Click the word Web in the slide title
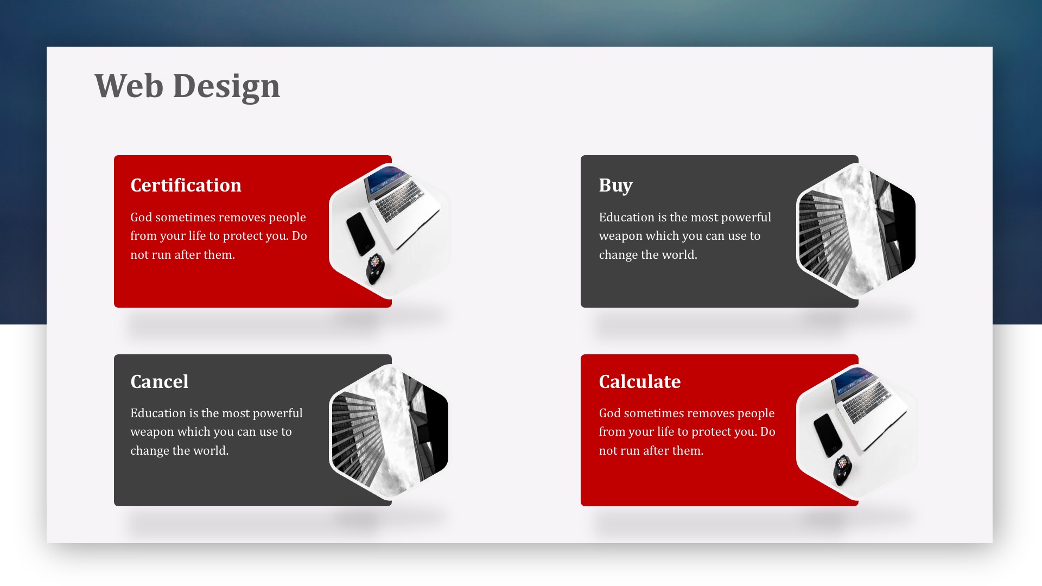[x=129, y=86]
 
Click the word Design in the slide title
[x=226, y=87]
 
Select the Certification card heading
[x=186, y=185]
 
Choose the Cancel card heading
[x=160, y=381]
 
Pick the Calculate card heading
[x=640, y=381]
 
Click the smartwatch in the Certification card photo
[x=374, y=268]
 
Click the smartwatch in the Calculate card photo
[x=842, y=469]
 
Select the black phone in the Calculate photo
[x=827, y=435]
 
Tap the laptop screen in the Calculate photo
[x=854, y=380]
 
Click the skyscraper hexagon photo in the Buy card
[x=856, y=231]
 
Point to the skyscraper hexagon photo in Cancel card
[x=389, y=432]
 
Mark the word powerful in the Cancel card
[x=277, y=413]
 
